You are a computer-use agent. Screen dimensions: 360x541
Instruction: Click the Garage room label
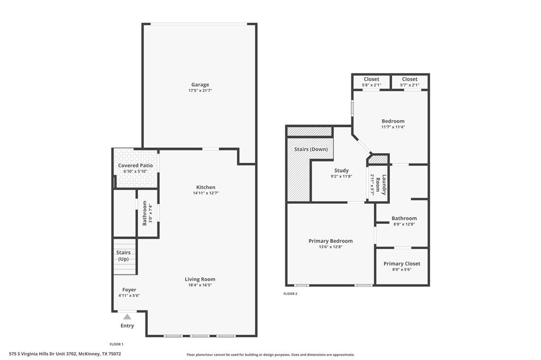[200, 84]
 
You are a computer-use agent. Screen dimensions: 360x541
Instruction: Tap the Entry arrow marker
[127, 317]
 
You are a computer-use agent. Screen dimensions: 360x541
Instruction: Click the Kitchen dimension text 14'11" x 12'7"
[206, 193]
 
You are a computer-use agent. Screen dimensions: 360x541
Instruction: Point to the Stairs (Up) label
[123, 255]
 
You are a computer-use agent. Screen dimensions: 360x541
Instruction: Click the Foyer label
[129, 290]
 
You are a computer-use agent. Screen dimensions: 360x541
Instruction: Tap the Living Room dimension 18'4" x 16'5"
[200, 285]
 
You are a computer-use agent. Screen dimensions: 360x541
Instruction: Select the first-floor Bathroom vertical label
[145, 213]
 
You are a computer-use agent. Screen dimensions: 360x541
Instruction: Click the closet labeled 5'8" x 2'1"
[371, 82]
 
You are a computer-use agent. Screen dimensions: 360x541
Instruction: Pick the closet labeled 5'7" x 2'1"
[409, 82]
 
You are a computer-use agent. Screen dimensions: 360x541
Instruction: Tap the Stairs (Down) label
[311, 149]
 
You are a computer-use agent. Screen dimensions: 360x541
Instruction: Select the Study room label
[341, 170]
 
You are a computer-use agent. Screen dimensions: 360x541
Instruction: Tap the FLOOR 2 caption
[290, 293]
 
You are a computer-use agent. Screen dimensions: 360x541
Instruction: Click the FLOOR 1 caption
[116, 344]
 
